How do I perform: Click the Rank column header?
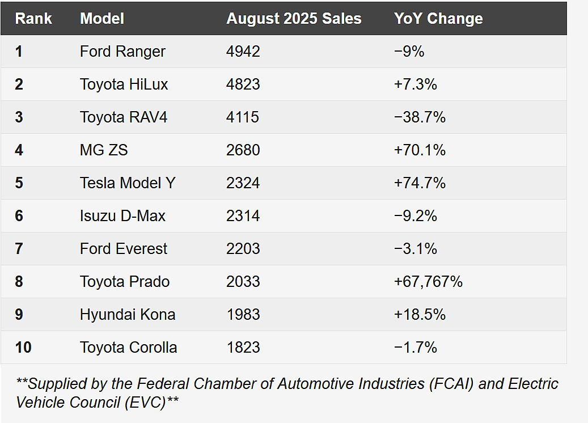(x=33, y=19)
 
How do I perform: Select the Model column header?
(x=102, y=19)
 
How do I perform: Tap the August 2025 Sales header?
(x=294, y=19)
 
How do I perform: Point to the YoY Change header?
(x=438, y=19)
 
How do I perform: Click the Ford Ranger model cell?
(x=122, y=52)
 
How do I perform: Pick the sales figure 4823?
(x=243, y=84)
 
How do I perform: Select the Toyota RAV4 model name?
(x=124, y=117)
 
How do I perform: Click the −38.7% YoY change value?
(x=420, y=117)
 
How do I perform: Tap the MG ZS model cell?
(x=104, y=150)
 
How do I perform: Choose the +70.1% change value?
(x=420, y=150)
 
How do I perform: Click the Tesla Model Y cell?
(x=128, y=183)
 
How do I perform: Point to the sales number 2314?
(x=243, y=216)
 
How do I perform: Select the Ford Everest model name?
(x=124, y=248)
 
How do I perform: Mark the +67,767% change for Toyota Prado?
(x=428, y=282)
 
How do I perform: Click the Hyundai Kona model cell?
(x=128, y=315)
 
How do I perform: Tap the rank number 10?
(x=23, y=347)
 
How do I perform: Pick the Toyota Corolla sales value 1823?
(x=243, y=347)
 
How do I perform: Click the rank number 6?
(x=19, y=216)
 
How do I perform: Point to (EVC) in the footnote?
(x=145, y=403)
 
